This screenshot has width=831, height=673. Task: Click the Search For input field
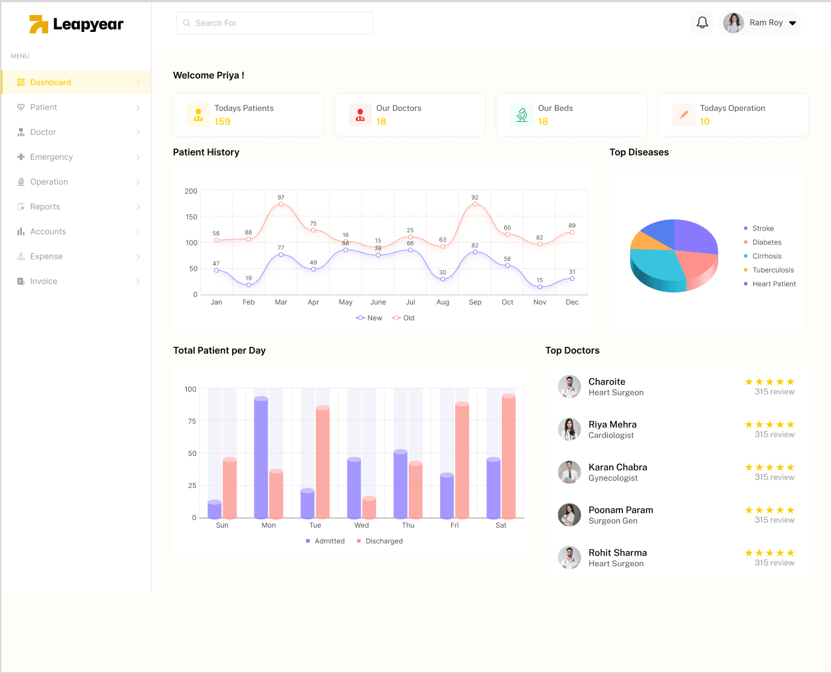(274, 23)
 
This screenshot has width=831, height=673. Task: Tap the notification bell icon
(702, 23)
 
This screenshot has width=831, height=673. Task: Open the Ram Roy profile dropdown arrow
(792, 24)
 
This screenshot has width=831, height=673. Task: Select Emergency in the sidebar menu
(51, 157)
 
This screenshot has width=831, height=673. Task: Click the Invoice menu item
(43, 281)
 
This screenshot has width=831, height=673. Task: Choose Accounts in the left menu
(48, 232)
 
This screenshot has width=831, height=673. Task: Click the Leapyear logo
(77, 24)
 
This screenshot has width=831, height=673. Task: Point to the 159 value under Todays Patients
(223, 122)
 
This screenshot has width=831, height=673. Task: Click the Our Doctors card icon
(360, 115)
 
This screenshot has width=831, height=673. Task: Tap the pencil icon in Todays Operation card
(684, 115)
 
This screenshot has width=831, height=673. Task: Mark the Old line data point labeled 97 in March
(281, 204)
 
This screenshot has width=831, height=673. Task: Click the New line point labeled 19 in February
(248, 285)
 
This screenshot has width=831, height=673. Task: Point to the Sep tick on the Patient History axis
(475, 302)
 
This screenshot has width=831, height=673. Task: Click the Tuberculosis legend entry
(773, 270)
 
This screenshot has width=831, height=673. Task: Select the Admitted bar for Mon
(261, 458)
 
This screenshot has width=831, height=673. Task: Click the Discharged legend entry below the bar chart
(384, 541)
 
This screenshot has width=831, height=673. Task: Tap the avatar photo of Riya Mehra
(569, 429)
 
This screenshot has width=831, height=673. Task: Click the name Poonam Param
(621, 510)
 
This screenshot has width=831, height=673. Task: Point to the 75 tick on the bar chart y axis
(192, 422)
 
